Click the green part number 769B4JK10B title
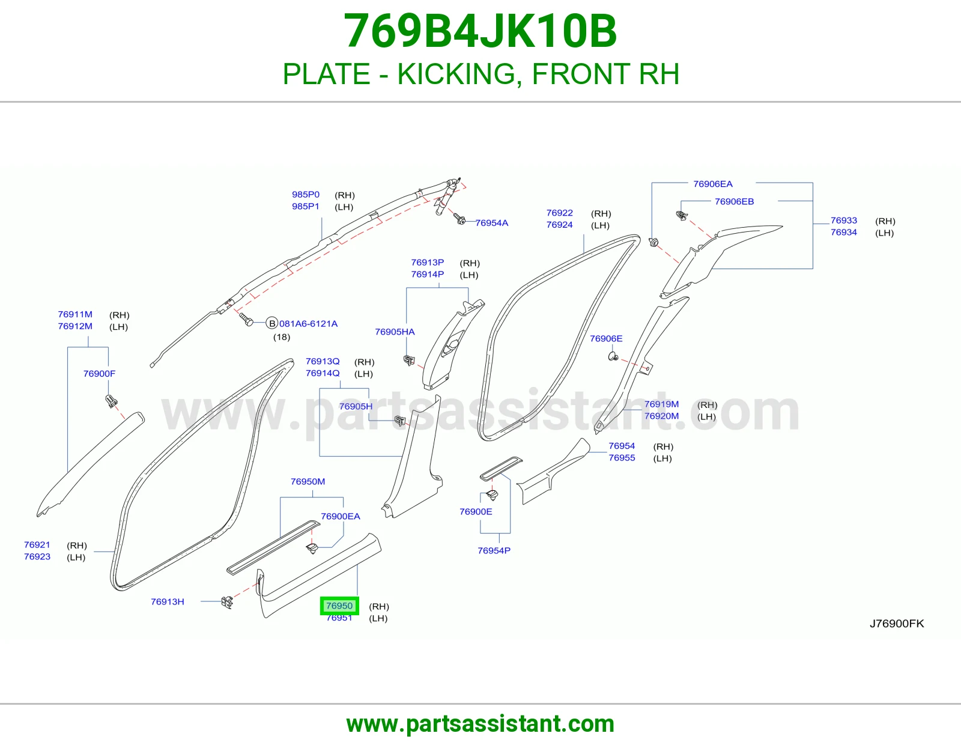pyautogui.click(x=480, y=31)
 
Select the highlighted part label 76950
pyautogui.click(x=339, y=606)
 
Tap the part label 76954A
pyautogui.click(x=492, y=223)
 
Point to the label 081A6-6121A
pyautogui.click(x=308, y=324)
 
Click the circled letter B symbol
pyautogui.click(x=271, y=323)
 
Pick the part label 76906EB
pyautogui.click(x=734, y=202)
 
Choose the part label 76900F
pyautogui.click(x=100, y=374)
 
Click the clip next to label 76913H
pyautogui.click(x=227, y=602)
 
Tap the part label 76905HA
pyautogui.click(x=395, y=332)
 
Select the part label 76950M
pyautogui.click(x=308, y=481)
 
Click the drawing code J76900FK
pyautogui.click(x=897, y=624)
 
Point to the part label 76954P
pyautogui.click(x=494, y=551)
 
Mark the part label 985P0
pyautogui.click(x=306, y=195)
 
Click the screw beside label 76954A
pyautogui.click(x=459, y=219)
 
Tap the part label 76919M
pyautogui.click(x=662, y=404)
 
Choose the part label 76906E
pyautogui.click(x=606, y=339)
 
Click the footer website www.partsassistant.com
pyautogui.click(x=480, y=724)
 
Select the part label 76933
pyautogui.click(x=844, y=220)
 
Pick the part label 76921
pyautogui.click(x=37, y=545)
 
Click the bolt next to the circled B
pyautogui.click(x=246, y=319)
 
